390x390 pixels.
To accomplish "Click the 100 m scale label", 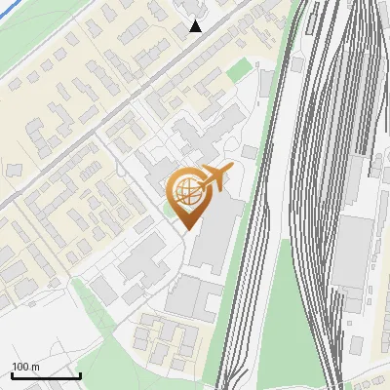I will tap(25, 367).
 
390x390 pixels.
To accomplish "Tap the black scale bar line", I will tap(46, 375).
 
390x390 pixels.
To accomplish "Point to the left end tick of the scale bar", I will tap(12, 373).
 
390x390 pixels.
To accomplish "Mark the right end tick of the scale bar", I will tap(80, 373).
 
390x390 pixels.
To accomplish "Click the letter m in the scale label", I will tap(35, 367).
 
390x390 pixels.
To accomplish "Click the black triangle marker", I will tap(196, 26).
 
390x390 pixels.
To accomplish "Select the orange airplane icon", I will tap(214, 179).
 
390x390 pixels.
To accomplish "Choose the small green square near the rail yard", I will tap(239, 69).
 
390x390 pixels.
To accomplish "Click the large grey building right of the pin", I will tap(216, 234).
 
